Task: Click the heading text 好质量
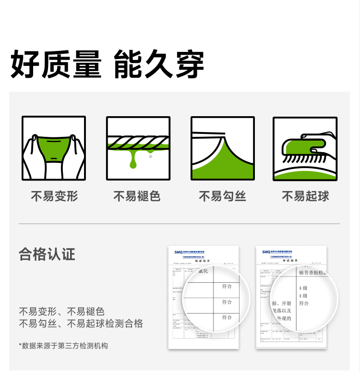pyautogui.click(x=56, y=64)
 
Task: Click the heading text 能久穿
pyautogui.click(x=159, y=64)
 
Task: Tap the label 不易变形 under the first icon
pyautogui.click(x=54, y=196)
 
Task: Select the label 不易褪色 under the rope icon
pyautogui.click(x=137, y=196)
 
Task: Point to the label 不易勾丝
pyautogui.click(x=222, y=196)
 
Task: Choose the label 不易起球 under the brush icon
pyautogui.click(x=305, y=196)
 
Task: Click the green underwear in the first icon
pyautogui.click(x=54, y=147)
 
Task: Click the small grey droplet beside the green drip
pyautogui.click(x=151, y=156)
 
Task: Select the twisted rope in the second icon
pyautogui.click(x=138, y=141)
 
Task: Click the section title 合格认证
pyautogui.click(x=47, y=253)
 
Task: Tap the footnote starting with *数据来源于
pyautogui.click(x=63, y=345)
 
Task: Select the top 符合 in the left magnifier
pyautogui.click(x=227, y=287)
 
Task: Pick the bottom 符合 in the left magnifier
pyautogui.click(x=227, y=317)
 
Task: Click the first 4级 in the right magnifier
pyautogui.click(x=303, y=288)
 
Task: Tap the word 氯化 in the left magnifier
pyautogui.click(x=203, y=272)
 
